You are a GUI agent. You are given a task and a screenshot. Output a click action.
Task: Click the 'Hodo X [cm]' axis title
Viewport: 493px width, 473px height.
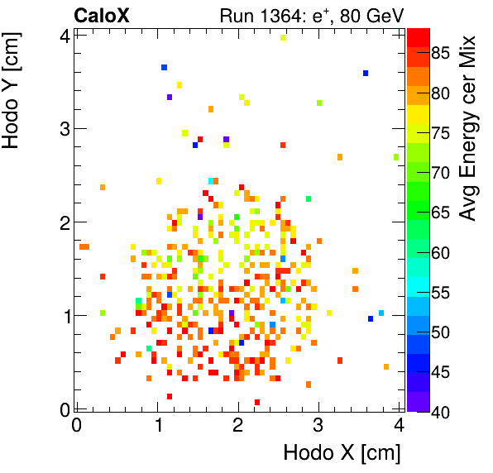(342, 452)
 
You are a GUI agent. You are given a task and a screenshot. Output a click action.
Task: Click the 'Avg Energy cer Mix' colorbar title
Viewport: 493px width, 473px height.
(469, 127)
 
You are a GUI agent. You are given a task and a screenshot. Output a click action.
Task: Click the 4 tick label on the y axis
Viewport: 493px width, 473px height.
(63, 35)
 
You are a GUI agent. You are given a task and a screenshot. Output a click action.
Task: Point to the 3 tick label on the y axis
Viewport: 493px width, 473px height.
(63, 128)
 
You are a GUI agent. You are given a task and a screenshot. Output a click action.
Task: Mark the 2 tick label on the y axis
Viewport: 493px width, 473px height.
(63, 222)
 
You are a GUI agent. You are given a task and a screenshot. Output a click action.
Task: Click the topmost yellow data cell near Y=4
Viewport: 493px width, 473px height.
(283, 37)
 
